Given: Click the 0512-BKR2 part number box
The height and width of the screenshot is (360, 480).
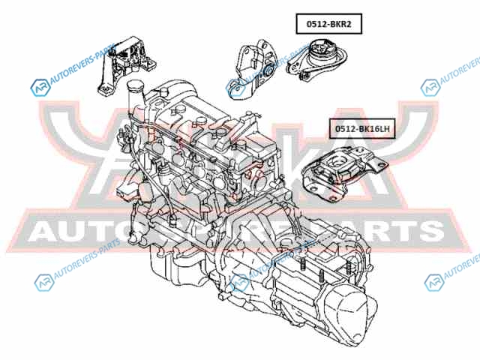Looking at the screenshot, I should pos(328,25).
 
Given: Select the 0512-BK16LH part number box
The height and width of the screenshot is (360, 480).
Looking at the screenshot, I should pos(363,129).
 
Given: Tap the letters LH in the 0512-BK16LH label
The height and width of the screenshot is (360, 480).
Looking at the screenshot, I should pos(383,129).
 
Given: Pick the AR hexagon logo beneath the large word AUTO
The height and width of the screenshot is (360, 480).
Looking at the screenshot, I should pos(42,283).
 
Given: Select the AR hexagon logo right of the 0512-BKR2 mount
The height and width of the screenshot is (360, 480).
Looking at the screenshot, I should pos(430,88).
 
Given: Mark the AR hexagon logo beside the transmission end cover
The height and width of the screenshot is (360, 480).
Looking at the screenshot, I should pos(433,283).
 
